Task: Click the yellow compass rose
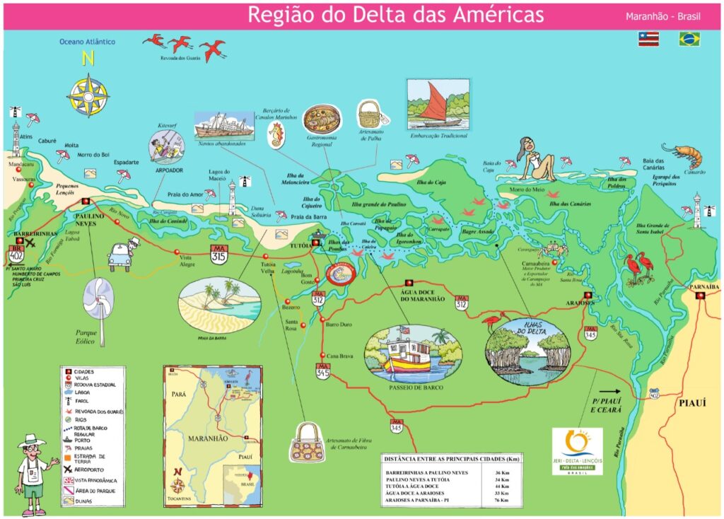point(88,95)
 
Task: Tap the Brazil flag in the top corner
point(689,39)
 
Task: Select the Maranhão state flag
point(648,39)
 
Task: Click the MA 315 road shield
point(218,255)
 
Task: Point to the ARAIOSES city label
point(580,301)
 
